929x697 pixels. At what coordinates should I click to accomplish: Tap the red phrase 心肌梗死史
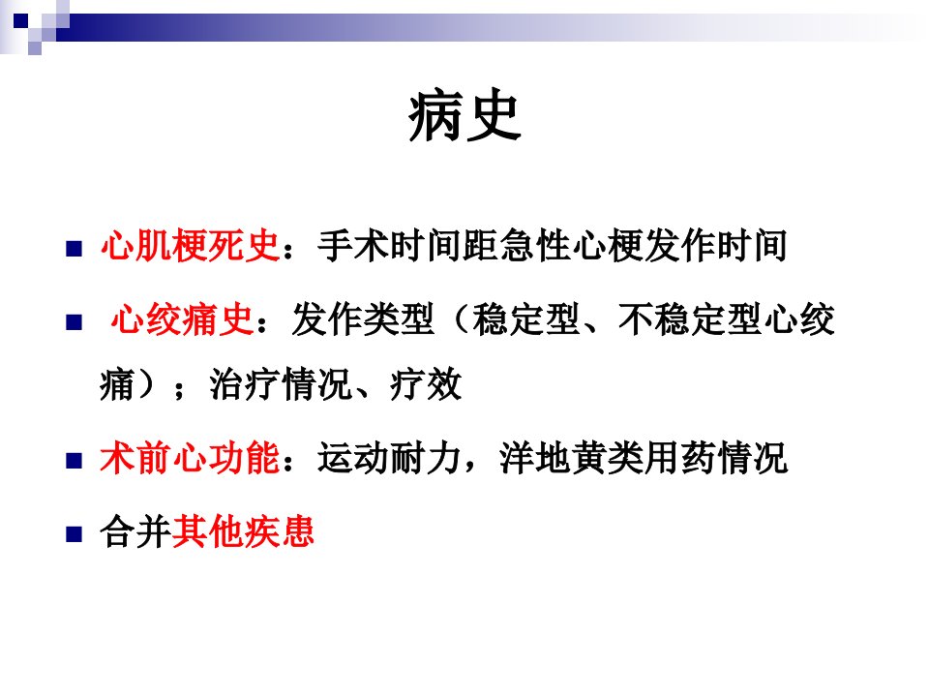190,245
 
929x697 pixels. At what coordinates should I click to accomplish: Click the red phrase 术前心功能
190,458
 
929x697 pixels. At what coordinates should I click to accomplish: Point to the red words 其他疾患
243,531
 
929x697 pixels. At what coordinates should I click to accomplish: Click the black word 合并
135,531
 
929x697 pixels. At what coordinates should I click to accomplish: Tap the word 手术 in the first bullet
353,245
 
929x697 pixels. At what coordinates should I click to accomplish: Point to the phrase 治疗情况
281,384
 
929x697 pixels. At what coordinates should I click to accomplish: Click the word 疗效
426,384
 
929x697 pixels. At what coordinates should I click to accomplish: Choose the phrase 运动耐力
389,458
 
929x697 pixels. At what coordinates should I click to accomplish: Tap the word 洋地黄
553,458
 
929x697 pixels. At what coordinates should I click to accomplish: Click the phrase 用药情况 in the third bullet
716,458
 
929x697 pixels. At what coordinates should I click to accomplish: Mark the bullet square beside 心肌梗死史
75,249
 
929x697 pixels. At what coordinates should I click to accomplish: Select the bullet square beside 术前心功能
75,461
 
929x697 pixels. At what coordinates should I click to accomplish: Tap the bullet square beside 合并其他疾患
75,534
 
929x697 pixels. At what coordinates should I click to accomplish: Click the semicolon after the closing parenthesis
180,389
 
